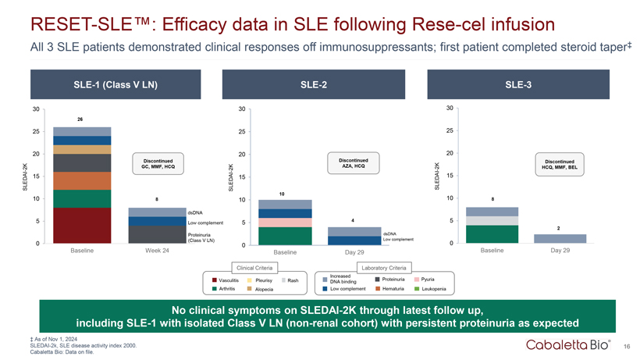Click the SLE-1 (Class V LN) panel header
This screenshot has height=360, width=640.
click(x=114, y=84)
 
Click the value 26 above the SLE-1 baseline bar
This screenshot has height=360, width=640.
click(x=80, y=119)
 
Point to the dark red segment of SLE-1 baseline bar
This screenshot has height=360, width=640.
click(x=80, y=226)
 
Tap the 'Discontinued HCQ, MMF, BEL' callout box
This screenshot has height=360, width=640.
click(x=561, y=166)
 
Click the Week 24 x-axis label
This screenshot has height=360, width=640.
click(x=158, y=251)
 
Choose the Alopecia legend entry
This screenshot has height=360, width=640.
click(x=262, y=290)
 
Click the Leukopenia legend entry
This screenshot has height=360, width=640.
click(x=432, y=290)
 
